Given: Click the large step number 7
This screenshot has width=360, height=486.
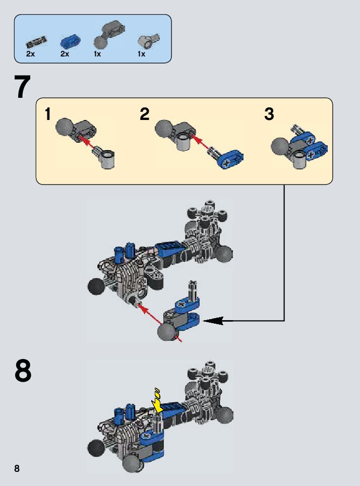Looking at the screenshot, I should click(x=23, y=87).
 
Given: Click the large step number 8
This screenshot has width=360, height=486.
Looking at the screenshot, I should click(x=23, y=372).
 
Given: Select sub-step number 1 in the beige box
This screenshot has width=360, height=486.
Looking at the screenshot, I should click(x=48, y=114).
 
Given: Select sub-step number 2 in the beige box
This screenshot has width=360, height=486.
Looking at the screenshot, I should click(x=145, y=114).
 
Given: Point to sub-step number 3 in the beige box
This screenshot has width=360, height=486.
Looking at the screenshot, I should click(x=269, y=114).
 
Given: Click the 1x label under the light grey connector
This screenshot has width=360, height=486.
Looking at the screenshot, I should click(x=141, y=54).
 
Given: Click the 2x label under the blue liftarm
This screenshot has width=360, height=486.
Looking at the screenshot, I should click(x=65, y=54).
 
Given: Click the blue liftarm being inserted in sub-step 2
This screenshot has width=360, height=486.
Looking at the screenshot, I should click(x=229, y=158).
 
